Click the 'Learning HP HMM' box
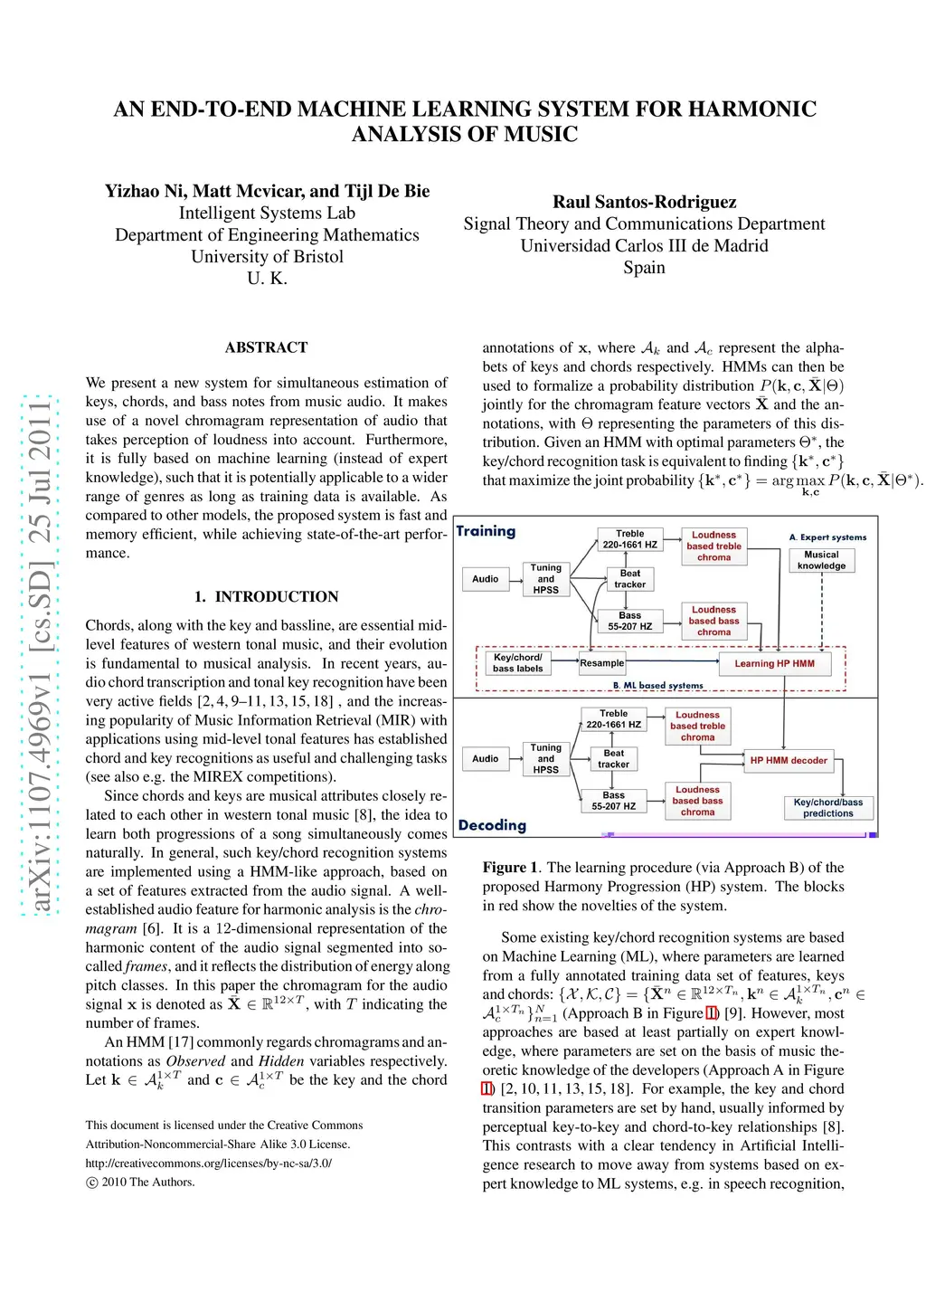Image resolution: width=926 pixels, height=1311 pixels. point(774,663)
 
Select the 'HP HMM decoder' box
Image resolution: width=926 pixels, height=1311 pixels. point(788,760)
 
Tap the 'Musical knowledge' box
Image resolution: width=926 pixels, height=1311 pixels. point(821,560)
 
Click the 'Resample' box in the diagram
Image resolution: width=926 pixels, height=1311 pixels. point(601,663)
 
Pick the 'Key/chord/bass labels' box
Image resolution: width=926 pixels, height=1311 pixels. point(518,663)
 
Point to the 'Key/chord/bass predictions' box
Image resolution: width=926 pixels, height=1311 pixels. point(827,808)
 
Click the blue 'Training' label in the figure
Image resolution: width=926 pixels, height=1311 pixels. point(486,531)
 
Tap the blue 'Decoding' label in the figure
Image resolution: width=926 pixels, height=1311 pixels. point(492,825)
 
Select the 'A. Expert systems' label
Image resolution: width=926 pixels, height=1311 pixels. point(827,537)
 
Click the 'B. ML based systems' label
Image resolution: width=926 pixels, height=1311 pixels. point(657,686)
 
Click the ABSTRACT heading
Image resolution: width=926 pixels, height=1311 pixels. point(266,347)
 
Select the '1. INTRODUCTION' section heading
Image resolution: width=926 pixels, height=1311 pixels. point(266,597)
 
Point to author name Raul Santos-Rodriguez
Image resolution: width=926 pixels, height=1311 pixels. point(644,202)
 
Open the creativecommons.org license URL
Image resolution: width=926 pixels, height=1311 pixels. point(208,1163)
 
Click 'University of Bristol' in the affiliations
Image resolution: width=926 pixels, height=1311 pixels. point(267,256)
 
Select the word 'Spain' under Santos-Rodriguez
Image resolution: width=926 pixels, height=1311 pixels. point(644,267)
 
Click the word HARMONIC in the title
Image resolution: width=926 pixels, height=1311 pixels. point(752,109)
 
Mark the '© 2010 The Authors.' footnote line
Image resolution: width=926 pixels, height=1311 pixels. point(140,1182)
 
